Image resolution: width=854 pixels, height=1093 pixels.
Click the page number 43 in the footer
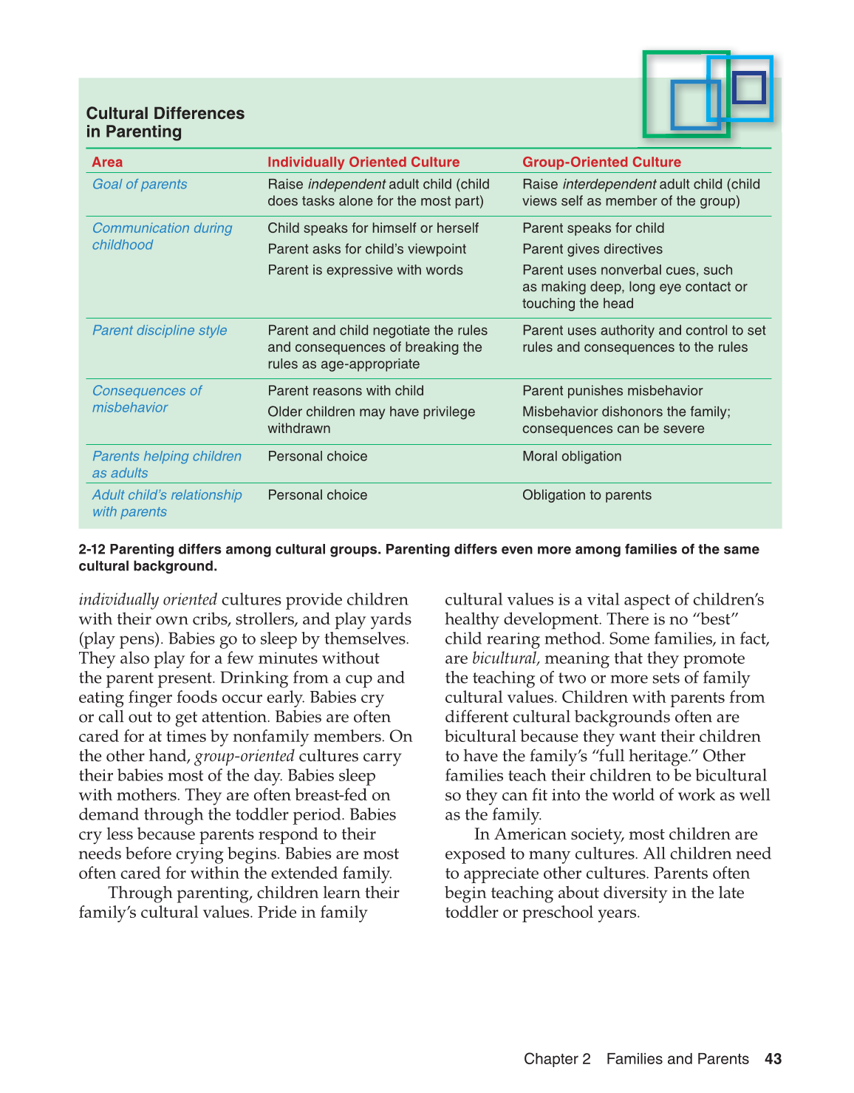coord(773,1059)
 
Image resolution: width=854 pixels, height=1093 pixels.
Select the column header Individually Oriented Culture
coord(363,162)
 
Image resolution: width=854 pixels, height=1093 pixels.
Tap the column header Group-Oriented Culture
coord(601,162)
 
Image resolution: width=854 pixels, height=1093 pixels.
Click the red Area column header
coord(107,162)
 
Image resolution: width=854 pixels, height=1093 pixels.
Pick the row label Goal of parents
coord(140,184)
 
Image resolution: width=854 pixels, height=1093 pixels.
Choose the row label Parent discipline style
coord(160,330)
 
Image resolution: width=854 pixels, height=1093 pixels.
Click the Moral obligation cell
coord(572,456)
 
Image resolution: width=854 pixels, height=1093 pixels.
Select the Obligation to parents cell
coord(587,495)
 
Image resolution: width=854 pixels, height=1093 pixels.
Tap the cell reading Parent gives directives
coord(592,249)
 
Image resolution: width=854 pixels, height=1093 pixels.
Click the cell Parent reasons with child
coord(346,391)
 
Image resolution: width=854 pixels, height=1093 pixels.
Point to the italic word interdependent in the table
coord(609,184)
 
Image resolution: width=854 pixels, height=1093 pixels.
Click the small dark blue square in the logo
coord(749,87)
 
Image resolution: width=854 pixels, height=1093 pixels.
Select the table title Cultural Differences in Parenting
coord(165,122)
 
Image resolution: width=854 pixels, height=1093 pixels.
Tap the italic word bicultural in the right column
coord(505,658)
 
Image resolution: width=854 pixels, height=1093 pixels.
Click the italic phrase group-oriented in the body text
coord(245,756)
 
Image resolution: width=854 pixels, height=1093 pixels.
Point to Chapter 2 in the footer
coord(557,1059)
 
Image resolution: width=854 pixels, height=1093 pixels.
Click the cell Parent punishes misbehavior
coord(612,391)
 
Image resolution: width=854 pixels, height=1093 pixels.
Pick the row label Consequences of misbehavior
coord(146,399)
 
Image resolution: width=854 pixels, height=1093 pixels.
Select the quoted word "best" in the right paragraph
coord(715,619)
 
